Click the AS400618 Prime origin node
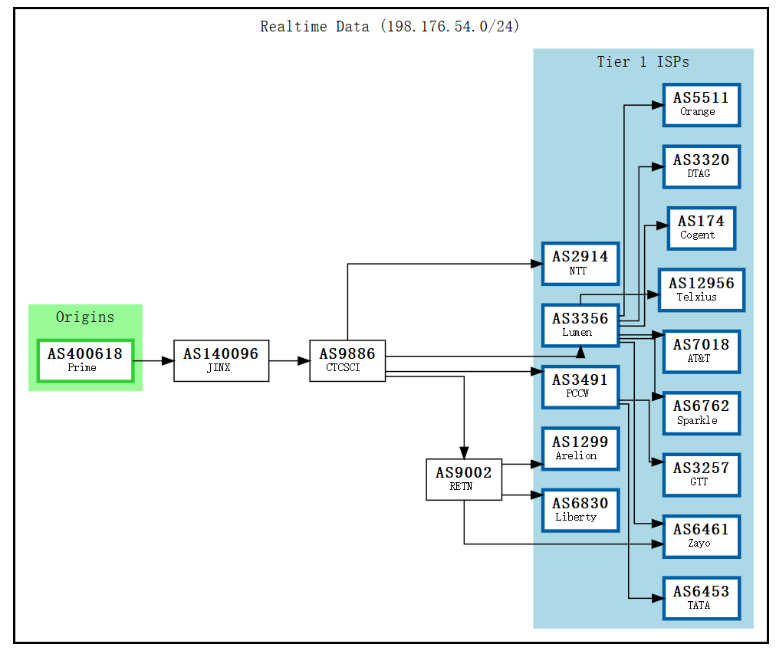[85, 360]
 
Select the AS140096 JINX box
[221, 360]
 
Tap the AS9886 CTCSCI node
[347, 360]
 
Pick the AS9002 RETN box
[464, 479]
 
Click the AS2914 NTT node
[580, 263]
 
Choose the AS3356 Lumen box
[580, 325]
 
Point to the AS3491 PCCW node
[580, 386]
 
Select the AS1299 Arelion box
[580, 449]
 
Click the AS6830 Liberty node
[580, 510]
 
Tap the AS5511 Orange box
[701, 105]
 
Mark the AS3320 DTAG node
[701, 166]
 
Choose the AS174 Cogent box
[701, 228]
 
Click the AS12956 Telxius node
[701, 290]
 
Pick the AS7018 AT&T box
[701, 351]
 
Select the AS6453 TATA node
[701, 598]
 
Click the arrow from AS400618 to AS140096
[153, 360]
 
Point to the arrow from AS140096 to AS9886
[289, 360]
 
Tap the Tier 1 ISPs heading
[643, 62]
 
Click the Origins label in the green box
[85, 317]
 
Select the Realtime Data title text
[390, 27]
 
